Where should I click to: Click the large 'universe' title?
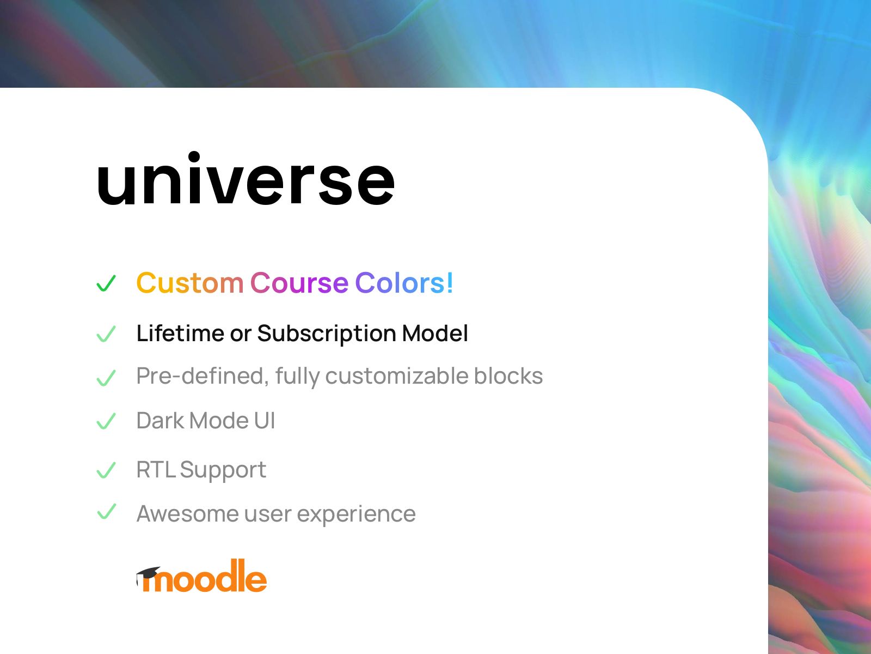(x=246, y=179)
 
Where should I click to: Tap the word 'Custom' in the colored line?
(x=189, y=283)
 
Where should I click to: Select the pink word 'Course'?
(x=299, y=283)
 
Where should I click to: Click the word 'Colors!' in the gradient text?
(x=404, y=283)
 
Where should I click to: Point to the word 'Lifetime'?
(x=180, y=333)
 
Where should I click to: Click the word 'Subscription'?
(x=327, y=334)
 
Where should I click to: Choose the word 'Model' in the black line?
(x=435, y=333)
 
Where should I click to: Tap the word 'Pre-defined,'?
(x=203, y=376)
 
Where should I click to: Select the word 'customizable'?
(x=397, y=376)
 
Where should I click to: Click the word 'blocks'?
(x=508, y=376)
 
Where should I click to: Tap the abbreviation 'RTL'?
(x=156, y=469)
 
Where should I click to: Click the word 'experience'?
(x=357, y=514)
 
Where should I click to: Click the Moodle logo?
(x=201, y=576)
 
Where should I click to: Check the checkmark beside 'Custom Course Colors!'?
(x=106, y=283)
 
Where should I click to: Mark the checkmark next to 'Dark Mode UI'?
(x=106, y=421)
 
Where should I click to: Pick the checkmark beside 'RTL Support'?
(x=106, y=470)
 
